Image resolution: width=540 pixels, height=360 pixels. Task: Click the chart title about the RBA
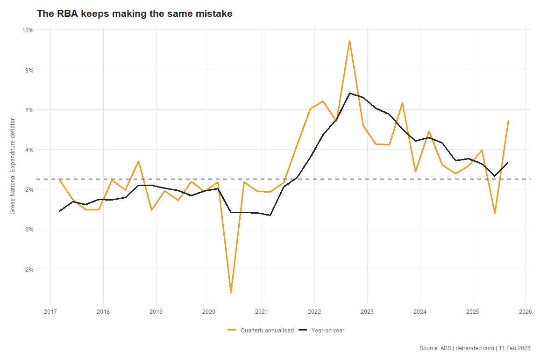click(135, 14)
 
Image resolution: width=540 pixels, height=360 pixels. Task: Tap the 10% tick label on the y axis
click(28, 30)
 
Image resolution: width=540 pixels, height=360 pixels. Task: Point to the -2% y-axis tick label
click(28, 269)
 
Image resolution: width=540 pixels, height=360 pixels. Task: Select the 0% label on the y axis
click(29, 229)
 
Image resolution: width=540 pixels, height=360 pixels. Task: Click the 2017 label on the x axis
click(50, 312)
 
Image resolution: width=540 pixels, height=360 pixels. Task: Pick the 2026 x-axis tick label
click(525, 312)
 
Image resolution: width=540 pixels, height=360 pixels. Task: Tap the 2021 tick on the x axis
click(262, 312)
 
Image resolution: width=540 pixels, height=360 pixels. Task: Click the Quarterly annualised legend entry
click(261, 331)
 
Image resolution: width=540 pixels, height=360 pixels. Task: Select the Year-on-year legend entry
click(321, 331)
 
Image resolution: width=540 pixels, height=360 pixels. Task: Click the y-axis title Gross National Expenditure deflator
click(13, 166)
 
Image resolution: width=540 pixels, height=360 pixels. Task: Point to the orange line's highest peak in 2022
click(349, 41)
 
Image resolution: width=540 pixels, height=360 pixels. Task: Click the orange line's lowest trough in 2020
click(231, 293)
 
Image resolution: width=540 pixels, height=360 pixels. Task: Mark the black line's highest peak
click(349, 93)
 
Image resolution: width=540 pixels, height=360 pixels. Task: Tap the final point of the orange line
click(508, 120)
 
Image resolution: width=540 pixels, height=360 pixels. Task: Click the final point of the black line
click(508, 163)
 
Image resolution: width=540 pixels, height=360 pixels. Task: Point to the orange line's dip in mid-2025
click(495, 213)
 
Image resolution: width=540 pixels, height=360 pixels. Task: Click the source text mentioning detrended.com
click(475, 348)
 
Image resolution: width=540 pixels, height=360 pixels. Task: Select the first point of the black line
click(59, 211)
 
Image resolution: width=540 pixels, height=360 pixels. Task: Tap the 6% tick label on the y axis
click(29, 110)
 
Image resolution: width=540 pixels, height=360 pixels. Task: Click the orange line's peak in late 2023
click(402, 103)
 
